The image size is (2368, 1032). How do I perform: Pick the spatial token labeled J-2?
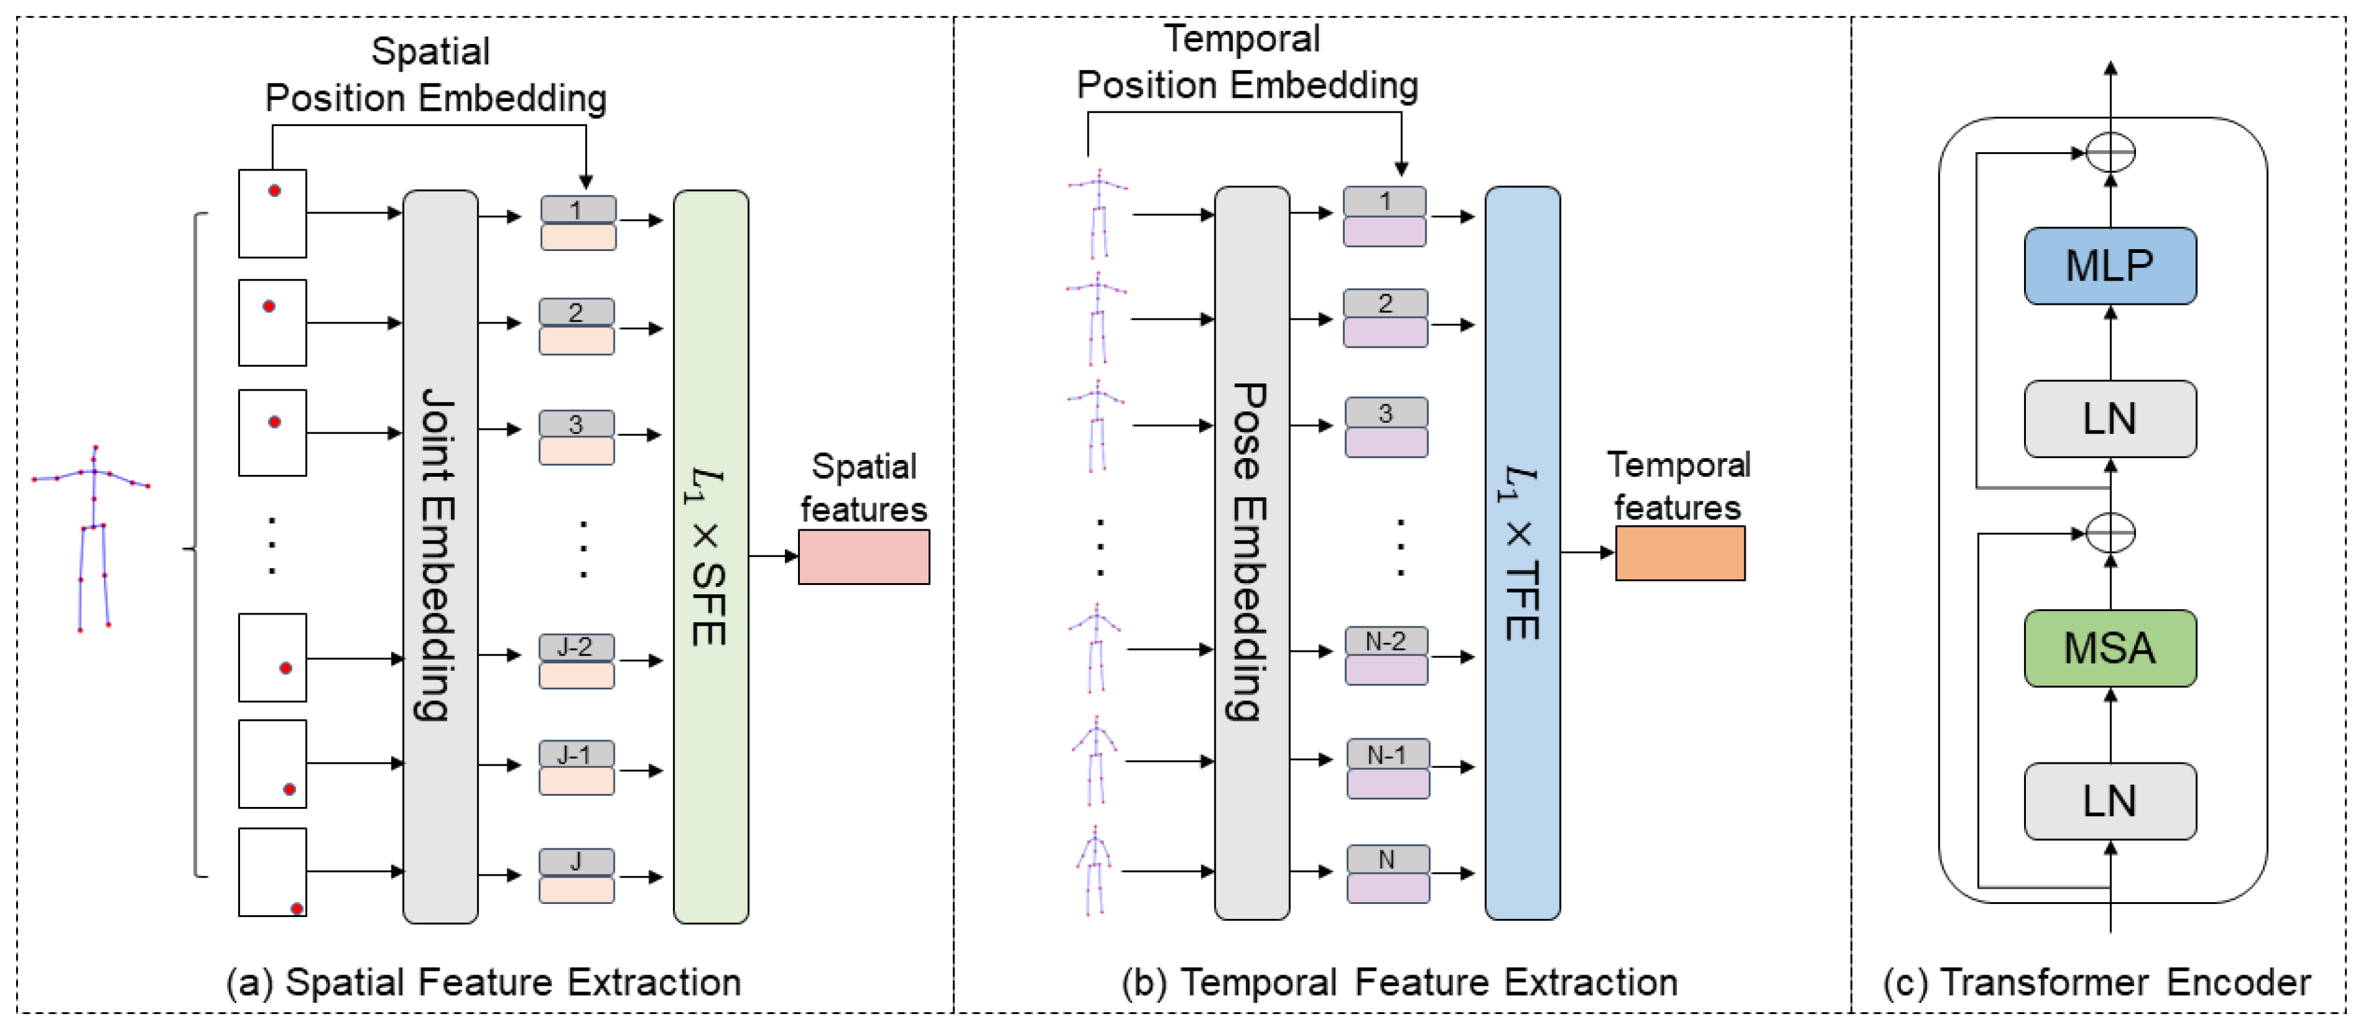(x=577, y=661)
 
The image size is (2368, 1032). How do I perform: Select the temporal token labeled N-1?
(x=1388, y=768)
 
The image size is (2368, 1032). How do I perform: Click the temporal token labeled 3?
(x=1386, y=427)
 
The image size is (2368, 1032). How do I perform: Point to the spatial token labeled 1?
(x=578, y=223)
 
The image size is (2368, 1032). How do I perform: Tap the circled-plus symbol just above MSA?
(x=2111, y=533)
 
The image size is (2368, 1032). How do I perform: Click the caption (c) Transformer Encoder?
(x=2097, y=983)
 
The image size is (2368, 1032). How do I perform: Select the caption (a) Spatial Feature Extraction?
(x=484, y=983)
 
